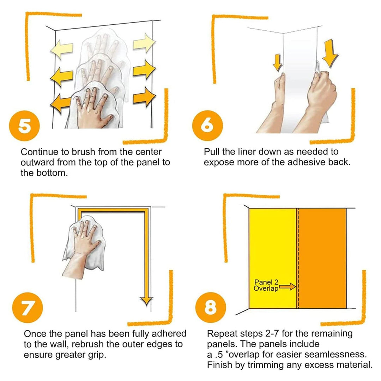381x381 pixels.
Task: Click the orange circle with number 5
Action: tap(24, 126)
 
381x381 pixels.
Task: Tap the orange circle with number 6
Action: tap(207, 125)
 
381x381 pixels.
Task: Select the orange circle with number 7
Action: tap(28, 307)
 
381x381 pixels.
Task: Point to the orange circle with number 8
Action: tap(211, 307)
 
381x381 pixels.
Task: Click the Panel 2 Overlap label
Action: tap(266, 285)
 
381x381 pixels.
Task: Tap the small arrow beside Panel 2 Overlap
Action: tap(287, 287)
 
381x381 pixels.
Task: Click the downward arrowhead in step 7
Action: tap(146, 301)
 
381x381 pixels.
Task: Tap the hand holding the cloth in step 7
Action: tap(83, 250)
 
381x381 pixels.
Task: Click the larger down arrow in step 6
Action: tap(331, 53)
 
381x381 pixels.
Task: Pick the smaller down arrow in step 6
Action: tap(277, 63)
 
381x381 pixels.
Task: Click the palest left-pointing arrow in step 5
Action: tap(61, 50)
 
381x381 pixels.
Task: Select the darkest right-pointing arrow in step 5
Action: tap(144, 97)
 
